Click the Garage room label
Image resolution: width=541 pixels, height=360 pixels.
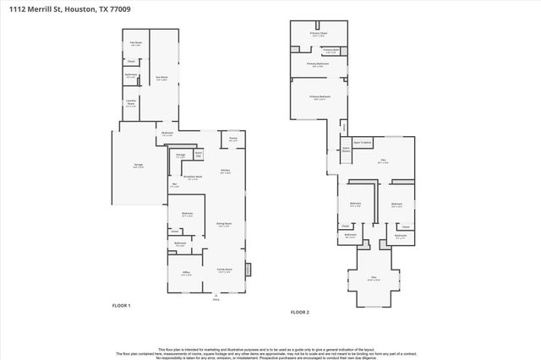coord(139,166)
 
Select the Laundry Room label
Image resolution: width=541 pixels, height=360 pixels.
coord(131,104)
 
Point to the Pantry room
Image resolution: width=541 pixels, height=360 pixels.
coord(232,139)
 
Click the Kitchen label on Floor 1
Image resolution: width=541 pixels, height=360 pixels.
coord(226,172)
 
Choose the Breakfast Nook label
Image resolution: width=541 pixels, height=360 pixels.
coord(192,177)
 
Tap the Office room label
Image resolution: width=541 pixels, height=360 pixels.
coord(185,272)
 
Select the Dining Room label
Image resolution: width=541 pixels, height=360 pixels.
coord(224,224)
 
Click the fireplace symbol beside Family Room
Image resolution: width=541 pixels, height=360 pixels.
coord(249,270)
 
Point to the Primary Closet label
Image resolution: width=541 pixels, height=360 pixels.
coord(318,35)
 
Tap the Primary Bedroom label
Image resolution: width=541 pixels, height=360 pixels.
coord(320,98)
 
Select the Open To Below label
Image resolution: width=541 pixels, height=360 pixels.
coord(363,143)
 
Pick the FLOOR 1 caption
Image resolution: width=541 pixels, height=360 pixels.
coord(122,305)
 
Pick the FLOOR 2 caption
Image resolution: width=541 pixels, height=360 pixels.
coord(300,313)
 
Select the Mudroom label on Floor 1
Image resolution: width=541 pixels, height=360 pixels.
coord(167,134)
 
